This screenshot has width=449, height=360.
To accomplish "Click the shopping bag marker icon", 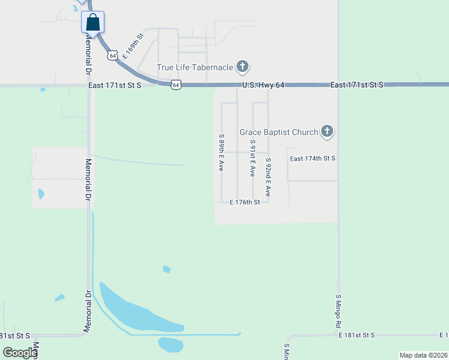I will pos(93,22).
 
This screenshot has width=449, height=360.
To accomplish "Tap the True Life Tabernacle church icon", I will pos(243,67).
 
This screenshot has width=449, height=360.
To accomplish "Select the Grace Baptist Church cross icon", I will pos(327,131).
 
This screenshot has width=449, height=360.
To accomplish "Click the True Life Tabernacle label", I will pos(194,67).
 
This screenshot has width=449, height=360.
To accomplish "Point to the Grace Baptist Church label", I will pos(279,131).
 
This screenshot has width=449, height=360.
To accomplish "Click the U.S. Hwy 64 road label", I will pos(263,85).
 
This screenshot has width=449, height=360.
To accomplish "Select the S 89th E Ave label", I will pos(221,153).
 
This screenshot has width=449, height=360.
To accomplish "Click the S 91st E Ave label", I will pos(253,158).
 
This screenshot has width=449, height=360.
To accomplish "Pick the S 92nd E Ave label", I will pos(268,178).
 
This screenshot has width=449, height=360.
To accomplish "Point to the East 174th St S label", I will pos(312,158).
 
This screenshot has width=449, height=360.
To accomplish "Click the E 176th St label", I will pos(245,202).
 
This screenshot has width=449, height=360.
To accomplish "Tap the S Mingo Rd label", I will pos(339,310).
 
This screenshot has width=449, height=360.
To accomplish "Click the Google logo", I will pos(20,352).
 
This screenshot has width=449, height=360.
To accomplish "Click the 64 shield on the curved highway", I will pos(112,55).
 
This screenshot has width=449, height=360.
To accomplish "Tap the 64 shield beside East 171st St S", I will pos(175,85).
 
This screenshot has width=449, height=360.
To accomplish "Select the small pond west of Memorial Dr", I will pos(41,194).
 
